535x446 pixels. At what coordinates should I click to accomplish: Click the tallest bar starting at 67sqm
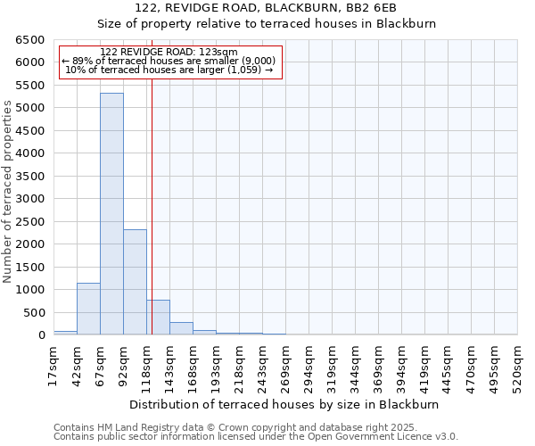[111, 214]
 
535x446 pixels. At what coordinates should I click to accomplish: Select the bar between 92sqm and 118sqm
[135, 282]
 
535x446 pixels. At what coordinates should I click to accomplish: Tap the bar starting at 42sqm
[88, 309]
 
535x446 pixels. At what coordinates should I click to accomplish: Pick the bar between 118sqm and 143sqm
[158, 318]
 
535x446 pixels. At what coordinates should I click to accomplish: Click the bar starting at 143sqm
[181, 328]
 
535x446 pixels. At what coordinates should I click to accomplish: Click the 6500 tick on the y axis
[29, 40]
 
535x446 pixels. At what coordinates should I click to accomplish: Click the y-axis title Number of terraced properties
[8, 192]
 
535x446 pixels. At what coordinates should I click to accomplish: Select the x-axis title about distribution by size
[284, 404]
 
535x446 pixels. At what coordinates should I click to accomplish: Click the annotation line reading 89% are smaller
[169, 61]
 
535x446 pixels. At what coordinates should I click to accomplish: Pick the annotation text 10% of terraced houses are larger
[169, 70]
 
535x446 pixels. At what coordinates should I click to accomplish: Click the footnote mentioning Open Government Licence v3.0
[255, 436]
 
